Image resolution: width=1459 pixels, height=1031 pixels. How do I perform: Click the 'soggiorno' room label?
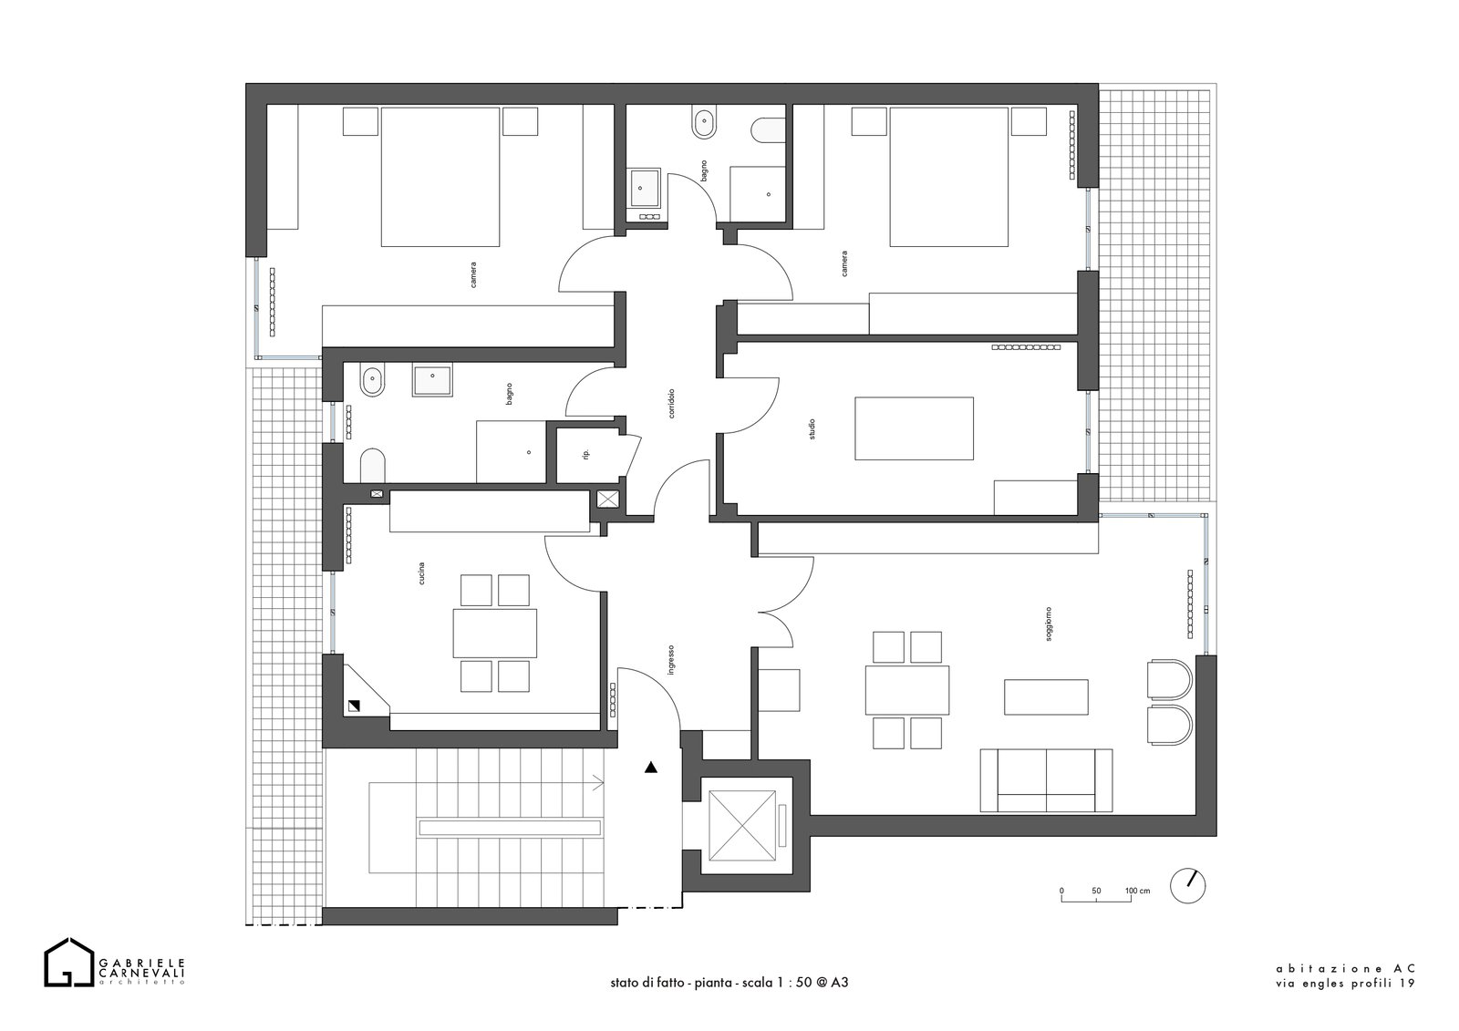(1048, 624)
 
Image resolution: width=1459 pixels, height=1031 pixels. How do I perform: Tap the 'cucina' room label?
(421, 572)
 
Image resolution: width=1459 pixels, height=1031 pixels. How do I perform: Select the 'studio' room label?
(812, 429)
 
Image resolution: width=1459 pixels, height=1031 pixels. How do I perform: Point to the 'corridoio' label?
(671, 403)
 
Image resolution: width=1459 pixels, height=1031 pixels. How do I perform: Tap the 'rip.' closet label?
(586, 454)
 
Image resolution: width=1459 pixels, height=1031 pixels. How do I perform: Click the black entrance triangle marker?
(651, 768)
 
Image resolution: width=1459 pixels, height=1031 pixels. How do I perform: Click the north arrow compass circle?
(1187, 886)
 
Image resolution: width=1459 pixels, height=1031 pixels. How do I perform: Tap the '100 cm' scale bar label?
(1137, 891)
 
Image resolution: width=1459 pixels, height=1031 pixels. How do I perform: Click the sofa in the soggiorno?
(1046, 780)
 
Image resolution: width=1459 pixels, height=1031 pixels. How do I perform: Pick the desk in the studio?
(914, 428)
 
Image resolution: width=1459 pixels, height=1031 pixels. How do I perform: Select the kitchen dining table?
(495, 633)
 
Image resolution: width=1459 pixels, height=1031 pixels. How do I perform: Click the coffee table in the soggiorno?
(1046, 696)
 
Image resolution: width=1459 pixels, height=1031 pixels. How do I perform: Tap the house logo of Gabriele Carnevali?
(68, 963)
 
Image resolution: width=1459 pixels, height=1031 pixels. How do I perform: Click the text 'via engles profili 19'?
(1345, 1003)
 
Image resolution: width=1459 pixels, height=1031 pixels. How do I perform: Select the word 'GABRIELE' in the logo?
(141, 963)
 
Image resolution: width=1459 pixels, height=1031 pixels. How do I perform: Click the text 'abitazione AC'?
(1344, 987)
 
